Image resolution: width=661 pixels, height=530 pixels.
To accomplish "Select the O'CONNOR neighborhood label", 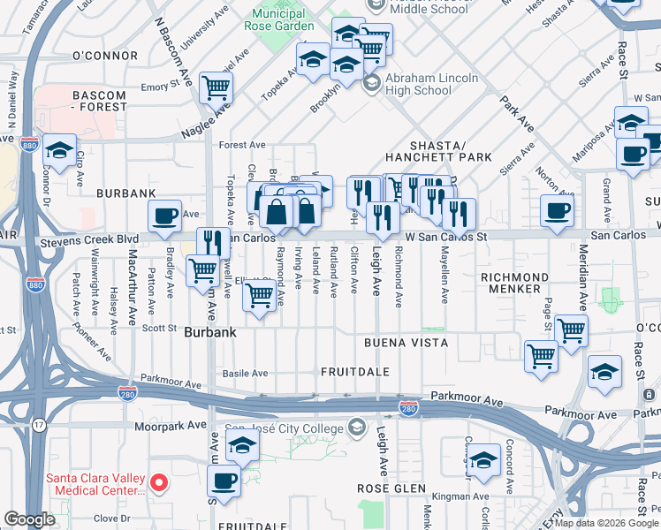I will (105, 56).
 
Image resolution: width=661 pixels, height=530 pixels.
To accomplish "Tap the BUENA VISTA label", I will (405, 342).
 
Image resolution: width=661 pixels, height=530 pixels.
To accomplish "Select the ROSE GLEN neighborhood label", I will (391, 488).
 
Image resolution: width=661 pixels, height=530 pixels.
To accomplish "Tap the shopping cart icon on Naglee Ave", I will (216, 87).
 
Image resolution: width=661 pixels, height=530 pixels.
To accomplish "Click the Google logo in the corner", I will (29, 519).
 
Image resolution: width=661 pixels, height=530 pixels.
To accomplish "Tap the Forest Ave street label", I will (242, 145).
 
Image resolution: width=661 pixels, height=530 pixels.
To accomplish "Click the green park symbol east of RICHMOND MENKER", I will (610, 299).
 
